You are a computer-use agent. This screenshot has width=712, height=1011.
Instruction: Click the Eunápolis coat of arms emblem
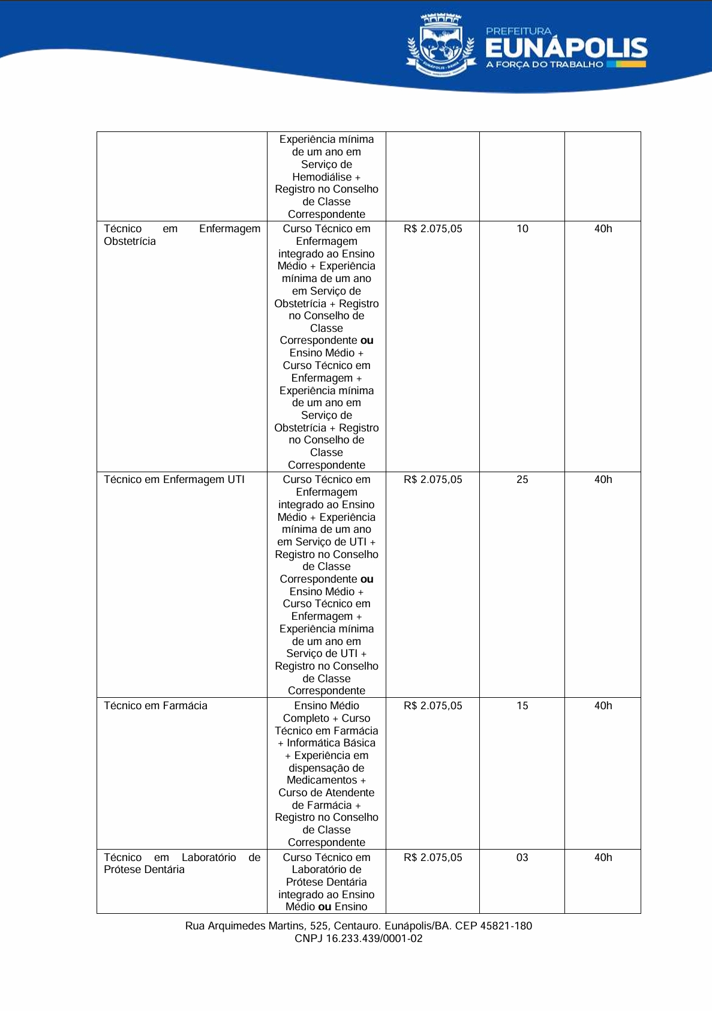[440, 46]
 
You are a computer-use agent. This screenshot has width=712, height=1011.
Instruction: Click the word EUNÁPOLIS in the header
[566, 48]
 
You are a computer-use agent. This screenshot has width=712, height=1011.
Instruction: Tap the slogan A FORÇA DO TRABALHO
[545, 64]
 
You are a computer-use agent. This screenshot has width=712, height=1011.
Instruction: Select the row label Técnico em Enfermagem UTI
[174, 479]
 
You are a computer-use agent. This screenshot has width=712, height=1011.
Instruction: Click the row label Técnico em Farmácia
[155, 706]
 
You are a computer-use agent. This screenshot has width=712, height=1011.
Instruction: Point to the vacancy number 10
[522, 229]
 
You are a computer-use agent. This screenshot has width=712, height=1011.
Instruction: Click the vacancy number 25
[522, 479]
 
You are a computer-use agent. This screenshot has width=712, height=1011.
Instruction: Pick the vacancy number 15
[522, 706]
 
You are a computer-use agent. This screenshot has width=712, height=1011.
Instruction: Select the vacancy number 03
[522, 857]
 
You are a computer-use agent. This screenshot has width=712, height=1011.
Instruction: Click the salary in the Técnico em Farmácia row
[433, 706]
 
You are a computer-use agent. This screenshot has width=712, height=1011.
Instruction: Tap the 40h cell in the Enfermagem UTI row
[603, 479]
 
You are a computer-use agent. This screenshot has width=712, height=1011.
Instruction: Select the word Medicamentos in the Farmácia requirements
[322, 780]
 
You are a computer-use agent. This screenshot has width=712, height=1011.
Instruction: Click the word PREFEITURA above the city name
[518, 31]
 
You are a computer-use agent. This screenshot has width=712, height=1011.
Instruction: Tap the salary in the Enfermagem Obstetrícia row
[433, 229]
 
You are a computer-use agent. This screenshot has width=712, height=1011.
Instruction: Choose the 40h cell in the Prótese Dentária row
[603, 857]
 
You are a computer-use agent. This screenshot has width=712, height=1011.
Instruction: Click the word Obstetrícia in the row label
[130, 241]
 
